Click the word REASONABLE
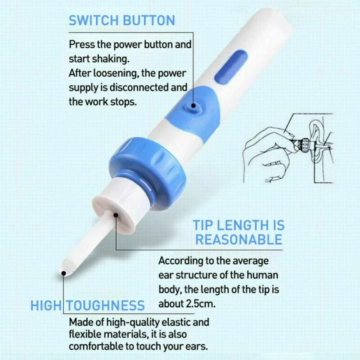[x=238, y=239]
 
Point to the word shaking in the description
[x=102, y=58]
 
